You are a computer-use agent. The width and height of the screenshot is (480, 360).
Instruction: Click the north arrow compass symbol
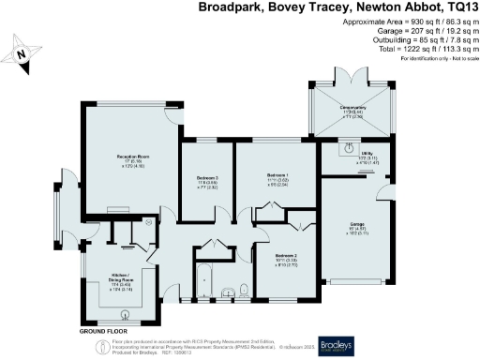[22, 54]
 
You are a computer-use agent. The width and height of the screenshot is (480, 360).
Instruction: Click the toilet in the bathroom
[241, 289]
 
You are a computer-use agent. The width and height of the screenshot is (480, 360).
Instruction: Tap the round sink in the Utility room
[349, 147]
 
